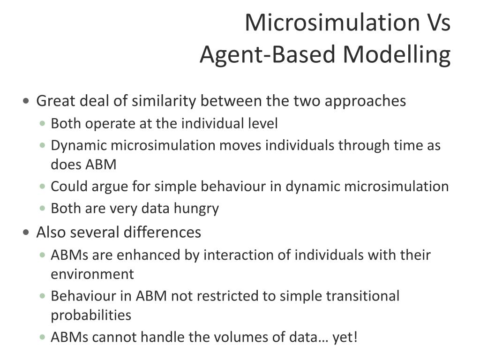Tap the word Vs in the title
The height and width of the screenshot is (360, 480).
(x=437, y=23)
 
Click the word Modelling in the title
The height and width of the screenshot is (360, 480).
(x=397, y=55)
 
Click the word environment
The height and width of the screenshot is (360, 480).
(x=92, y=274)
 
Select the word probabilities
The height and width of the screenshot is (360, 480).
(x=91, y=315)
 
